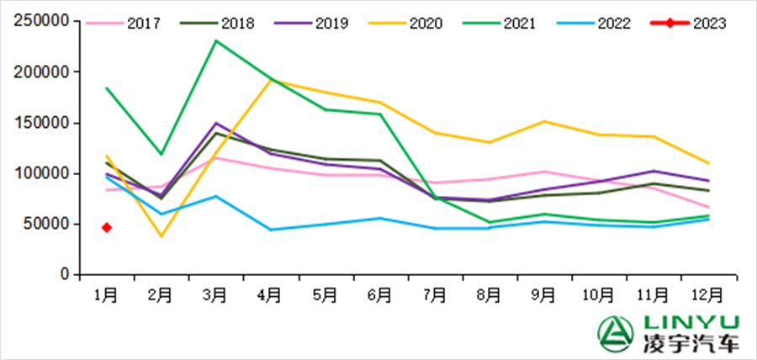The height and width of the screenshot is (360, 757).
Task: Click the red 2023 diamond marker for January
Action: tap(107, 227)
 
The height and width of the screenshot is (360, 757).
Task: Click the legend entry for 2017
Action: tap(128, 24)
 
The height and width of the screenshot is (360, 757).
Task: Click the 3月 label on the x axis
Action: tap(216, 294)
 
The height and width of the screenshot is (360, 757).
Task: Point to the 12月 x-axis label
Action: tap(707, 294)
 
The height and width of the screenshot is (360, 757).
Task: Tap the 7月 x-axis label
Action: tap(435, 294)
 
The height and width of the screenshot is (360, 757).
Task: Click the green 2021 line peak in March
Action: tap(216, 40)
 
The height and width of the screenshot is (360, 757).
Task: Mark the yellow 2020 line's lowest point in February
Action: tap(161, 236)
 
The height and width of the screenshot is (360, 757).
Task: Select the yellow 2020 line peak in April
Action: tap(271, 81)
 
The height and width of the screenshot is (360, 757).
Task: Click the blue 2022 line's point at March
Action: tap(216, 196)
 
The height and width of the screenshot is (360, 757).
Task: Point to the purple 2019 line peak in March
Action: tap(216, 123)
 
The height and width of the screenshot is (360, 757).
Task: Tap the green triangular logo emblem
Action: tap(615, 333)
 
